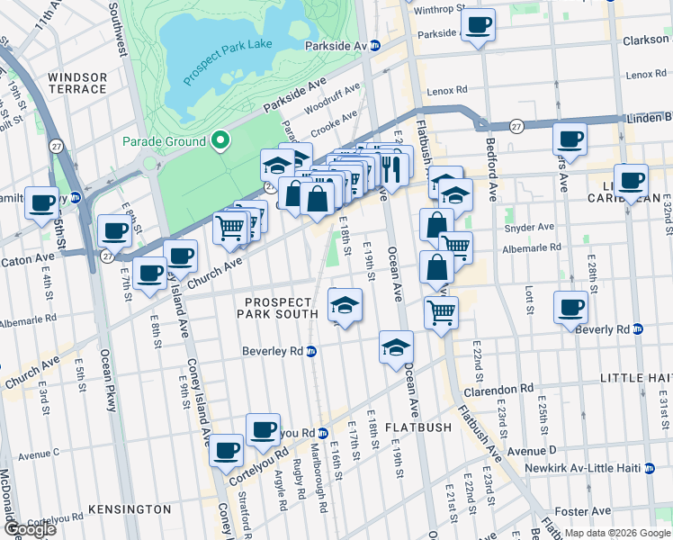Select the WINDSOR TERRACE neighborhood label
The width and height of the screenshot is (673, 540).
(77, 83)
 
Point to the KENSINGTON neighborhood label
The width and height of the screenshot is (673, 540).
(131, 509)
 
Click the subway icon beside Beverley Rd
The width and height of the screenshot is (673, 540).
(311, 351)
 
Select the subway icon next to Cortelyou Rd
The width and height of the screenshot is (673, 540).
(321, 433)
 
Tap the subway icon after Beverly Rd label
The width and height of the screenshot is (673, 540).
(638, 329)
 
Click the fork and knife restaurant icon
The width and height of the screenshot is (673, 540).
(390, 167)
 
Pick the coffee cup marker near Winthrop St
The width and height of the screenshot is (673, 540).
(479, 25)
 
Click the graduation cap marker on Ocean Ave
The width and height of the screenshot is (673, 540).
(396, 347)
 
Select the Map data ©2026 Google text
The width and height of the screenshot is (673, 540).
(616, 533)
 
